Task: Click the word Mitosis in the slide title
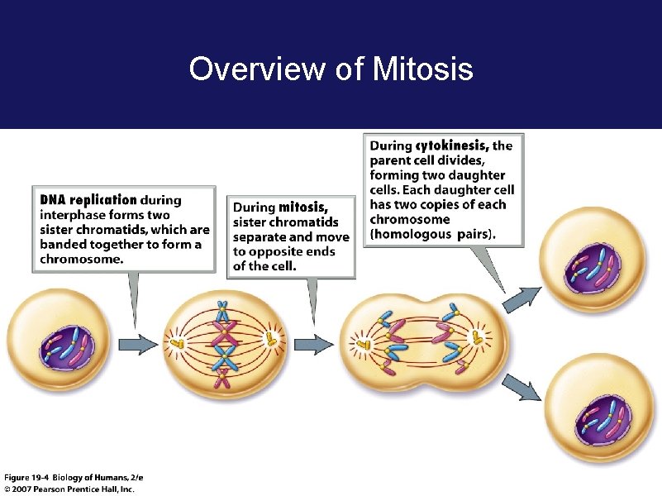(423, 69)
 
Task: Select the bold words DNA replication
(88, 199)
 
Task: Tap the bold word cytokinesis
(452, 145)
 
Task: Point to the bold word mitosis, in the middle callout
(303, 207)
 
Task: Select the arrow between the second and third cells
(313, 342)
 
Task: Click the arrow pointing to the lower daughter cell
(520, 385)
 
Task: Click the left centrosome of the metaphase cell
(177, 341)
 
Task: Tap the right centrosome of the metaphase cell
(268, 339)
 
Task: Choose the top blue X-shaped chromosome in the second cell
(221, 312)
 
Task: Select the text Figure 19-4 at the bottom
(27, 478)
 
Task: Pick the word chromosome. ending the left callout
(82, 259)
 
